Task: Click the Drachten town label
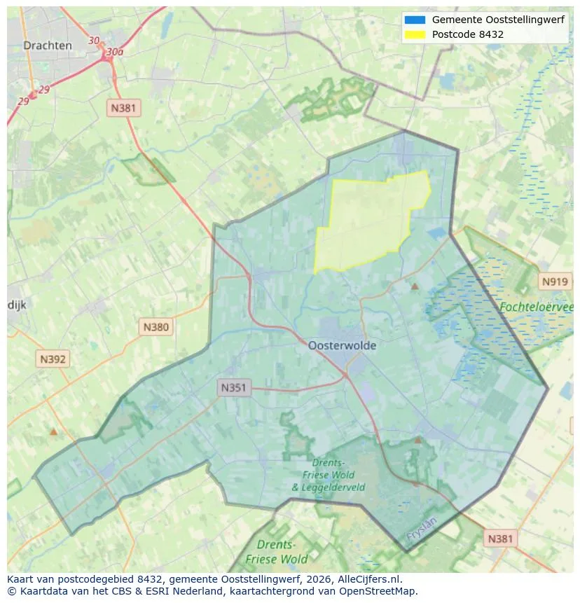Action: coord(48,46)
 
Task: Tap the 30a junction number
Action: coord(114,52)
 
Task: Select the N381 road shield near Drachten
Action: coord(124,108)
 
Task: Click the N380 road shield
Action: coord(156,326)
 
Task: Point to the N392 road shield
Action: coord(53,359)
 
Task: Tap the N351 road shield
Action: coord(234,387)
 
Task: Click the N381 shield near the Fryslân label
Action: coord(499,538)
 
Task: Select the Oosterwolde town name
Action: coord(342,345)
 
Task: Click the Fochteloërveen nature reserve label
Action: coord(536,307)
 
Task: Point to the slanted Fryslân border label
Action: coord(421,529)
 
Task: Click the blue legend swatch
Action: coord(415,20)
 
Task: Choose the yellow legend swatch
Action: coord(415,34)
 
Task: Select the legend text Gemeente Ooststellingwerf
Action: coord(498,20)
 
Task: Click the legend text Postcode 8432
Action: coord(467,34)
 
